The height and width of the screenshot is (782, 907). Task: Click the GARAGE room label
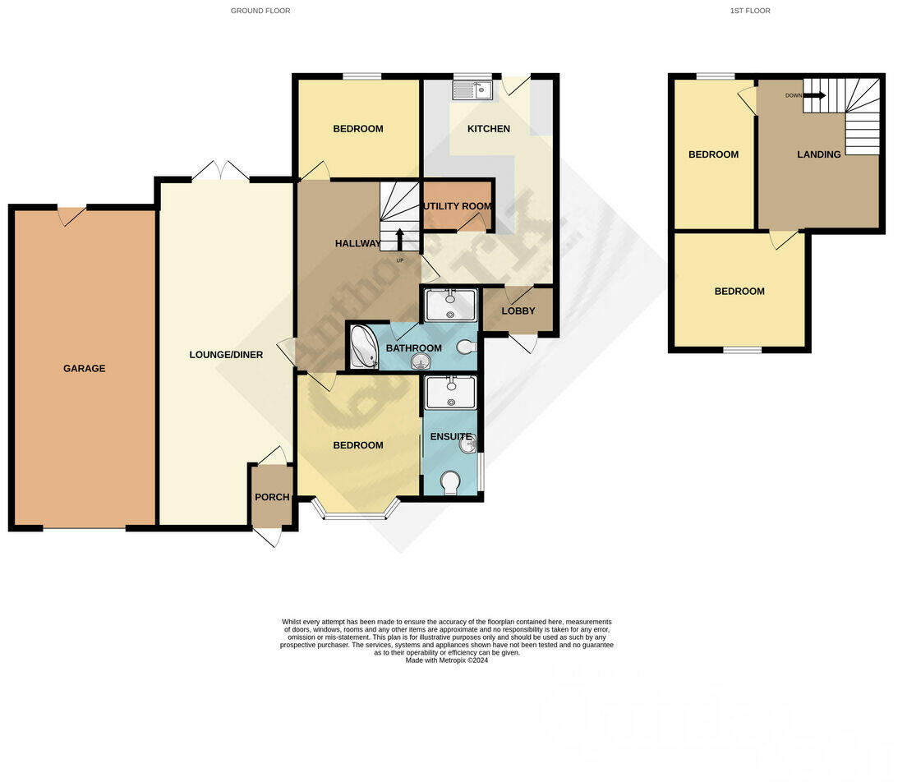[85, 369]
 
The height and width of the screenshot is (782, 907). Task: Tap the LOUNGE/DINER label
[226, 355]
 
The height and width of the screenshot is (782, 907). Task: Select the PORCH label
[271, 497]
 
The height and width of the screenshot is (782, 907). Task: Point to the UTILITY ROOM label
[458, 205]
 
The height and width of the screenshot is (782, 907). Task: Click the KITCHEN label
[489, 129]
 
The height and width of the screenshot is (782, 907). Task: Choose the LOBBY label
[518, 310]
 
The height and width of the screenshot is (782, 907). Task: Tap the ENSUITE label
[451, 437]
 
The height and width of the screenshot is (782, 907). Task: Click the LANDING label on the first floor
[818, 154]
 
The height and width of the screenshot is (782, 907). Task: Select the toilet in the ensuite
[449, 483]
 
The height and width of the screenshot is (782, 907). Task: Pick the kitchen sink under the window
[472, 89]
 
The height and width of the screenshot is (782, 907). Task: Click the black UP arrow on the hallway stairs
[400, 238]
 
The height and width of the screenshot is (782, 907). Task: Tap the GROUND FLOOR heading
[260, 11]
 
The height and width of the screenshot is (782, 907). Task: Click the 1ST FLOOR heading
[749, 11]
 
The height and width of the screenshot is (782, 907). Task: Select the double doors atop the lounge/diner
[220, 172]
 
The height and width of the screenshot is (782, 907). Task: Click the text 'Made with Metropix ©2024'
[447, 660]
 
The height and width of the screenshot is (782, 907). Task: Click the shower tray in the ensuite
[450, 393]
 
